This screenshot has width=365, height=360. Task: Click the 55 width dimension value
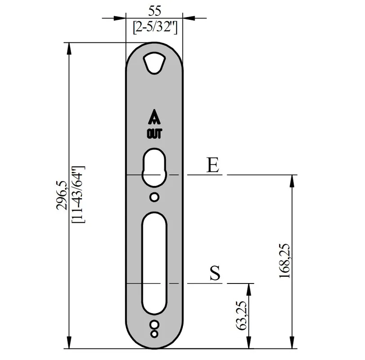[155, 11]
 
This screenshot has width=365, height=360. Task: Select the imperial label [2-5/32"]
[155, 28]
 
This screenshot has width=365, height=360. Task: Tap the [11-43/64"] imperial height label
[79, 194]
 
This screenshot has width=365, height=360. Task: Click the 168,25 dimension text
[285, 261]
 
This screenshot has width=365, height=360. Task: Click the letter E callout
[213, 165]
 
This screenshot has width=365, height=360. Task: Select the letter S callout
[215, 273]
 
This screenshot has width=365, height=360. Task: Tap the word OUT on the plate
[154, 134]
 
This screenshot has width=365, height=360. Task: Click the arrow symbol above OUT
[154, 117]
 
